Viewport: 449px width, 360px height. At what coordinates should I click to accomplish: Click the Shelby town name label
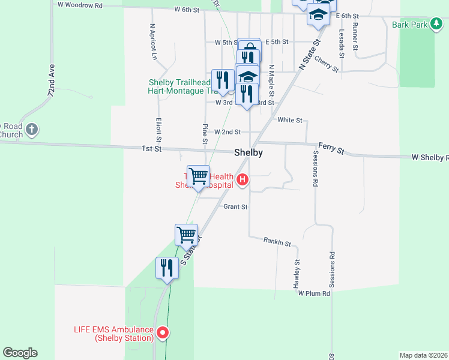248,152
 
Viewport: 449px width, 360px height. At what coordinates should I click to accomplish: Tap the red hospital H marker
243,179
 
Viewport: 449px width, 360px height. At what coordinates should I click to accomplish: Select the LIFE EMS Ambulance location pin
162,332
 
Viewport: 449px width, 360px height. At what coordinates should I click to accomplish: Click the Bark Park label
409,25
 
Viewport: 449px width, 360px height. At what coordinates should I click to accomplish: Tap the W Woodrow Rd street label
80,5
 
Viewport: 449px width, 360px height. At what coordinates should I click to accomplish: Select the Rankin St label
277,242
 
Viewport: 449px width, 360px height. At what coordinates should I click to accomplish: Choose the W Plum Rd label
314,293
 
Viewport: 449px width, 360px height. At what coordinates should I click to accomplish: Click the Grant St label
235,207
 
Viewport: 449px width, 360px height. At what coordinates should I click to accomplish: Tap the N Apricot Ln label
154,42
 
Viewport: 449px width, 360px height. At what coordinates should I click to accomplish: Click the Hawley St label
297,274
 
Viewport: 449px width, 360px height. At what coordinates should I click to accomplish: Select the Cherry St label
326,64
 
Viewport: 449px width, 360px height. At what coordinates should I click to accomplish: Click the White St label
290,120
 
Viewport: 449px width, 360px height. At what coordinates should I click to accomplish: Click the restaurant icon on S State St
167,268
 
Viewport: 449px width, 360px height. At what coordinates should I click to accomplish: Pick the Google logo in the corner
20,353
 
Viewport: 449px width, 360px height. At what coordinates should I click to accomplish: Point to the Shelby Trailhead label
179,83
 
